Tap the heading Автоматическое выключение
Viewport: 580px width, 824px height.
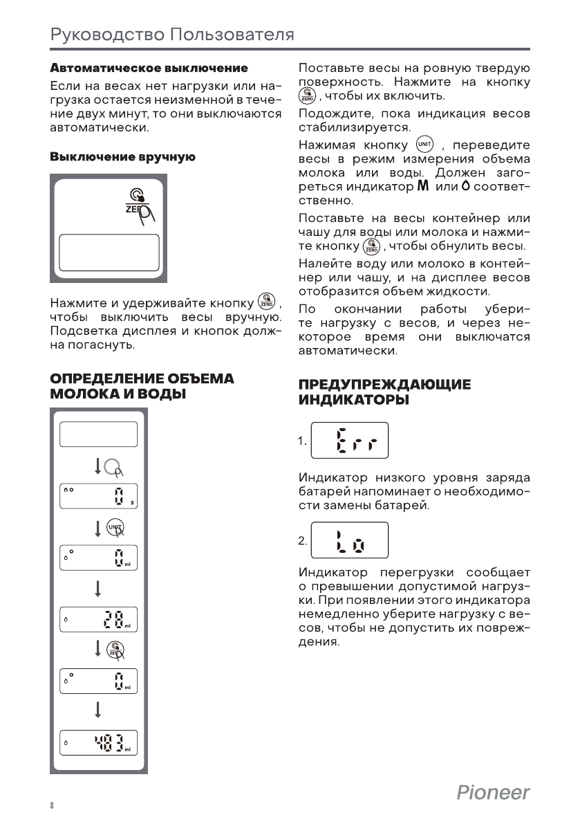[149, 68]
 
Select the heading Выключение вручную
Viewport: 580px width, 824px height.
[122, 158]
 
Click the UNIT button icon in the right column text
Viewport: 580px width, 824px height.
[424, 145]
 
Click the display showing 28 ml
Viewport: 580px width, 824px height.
[98, 619]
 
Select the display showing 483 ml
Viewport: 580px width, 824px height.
[98, 742]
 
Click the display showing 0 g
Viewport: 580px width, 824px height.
[98, 496]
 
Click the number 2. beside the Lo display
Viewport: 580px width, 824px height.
[303, 541]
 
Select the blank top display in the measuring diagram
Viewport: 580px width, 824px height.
[98, 434]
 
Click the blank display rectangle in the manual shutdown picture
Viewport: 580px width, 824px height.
[109, 253]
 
